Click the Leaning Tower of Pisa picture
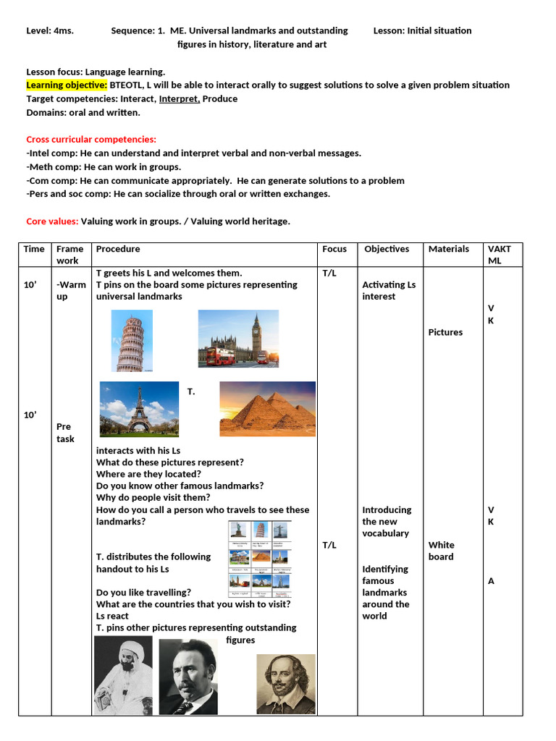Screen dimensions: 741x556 point(132,341)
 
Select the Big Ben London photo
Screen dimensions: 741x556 point(238,339)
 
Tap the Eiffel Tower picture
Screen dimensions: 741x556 point(139,409)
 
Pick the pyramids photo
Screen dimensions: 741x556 point(267,409)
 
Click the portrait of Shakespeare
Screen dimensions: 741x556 point(286,684)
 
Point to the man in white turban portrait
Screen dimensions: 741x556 point(123,675)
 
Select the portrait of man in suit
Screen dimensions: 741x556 point(188,677)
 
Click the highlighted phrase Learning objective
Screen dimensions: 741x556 point(67,85)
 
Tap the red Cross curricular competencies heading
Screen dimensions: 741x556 point(91,139)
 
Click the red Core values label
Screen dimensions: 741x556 point(52,221)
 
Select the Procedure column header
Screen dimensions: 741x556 point(118,249)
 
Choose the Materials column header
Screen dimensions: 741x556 point(449,249)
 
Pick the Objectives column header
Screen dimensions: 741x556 point(387,249)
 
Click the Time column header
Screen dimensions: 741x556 point(34,249)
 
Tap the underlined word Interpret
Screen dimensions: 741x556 point(179,98)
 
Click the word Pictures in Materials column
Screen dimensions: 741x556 point(445,332)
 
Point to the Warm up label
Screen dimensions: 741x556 point(71,291)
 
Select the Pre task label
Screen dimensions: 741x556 point(65,433)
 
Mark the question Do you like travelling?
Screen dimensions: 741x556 point(144,592)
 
